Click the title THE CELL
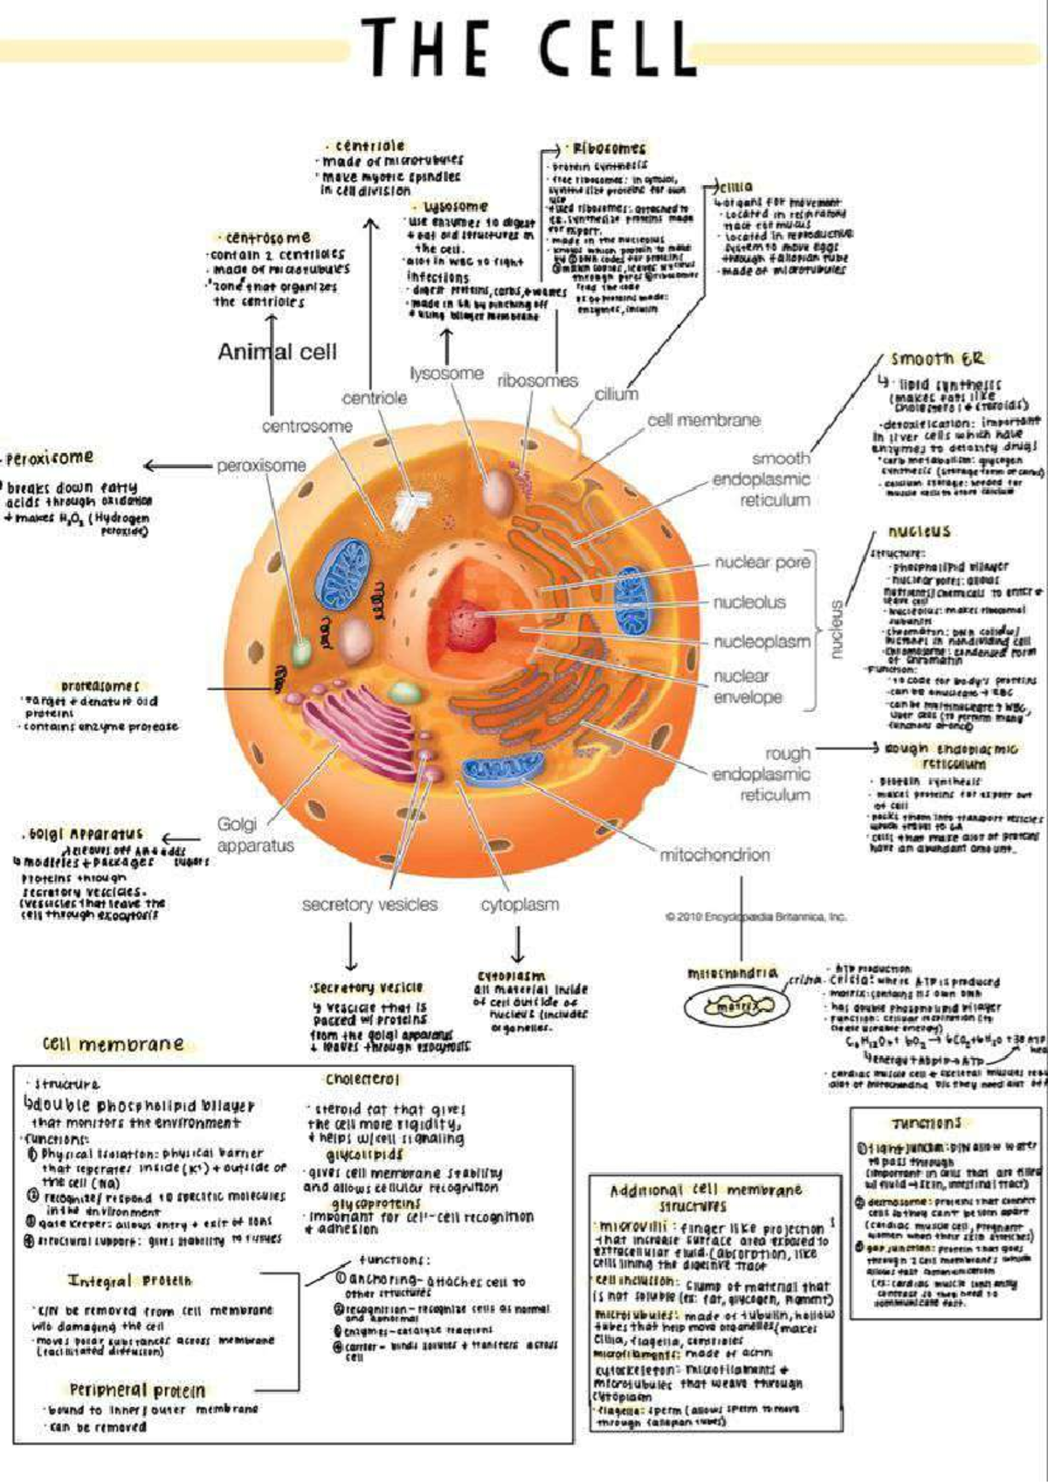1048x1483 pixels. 527,48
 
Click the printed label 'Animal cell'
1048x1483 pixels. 277,352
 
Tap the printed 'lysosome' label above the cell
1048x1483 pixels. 446,373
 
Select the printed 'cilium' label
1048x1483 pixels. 616,394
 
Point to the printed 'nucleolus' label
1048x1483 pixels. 749,603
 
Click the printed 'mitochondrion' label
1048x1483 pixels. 714,855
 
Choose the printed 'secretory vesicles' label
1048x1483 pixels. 369,905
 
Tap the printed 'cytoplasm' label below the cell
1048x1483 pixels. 520,905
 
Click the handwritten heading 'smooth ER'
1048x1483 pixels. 937,359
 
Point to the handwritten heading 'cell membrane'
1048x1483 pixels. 114,1044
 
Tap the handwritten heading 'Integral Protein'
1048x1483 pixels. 129,1280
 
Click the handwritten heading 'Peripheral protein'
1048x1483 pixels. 137,1390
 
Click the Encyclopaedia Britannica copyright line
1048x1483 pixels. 755,917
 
